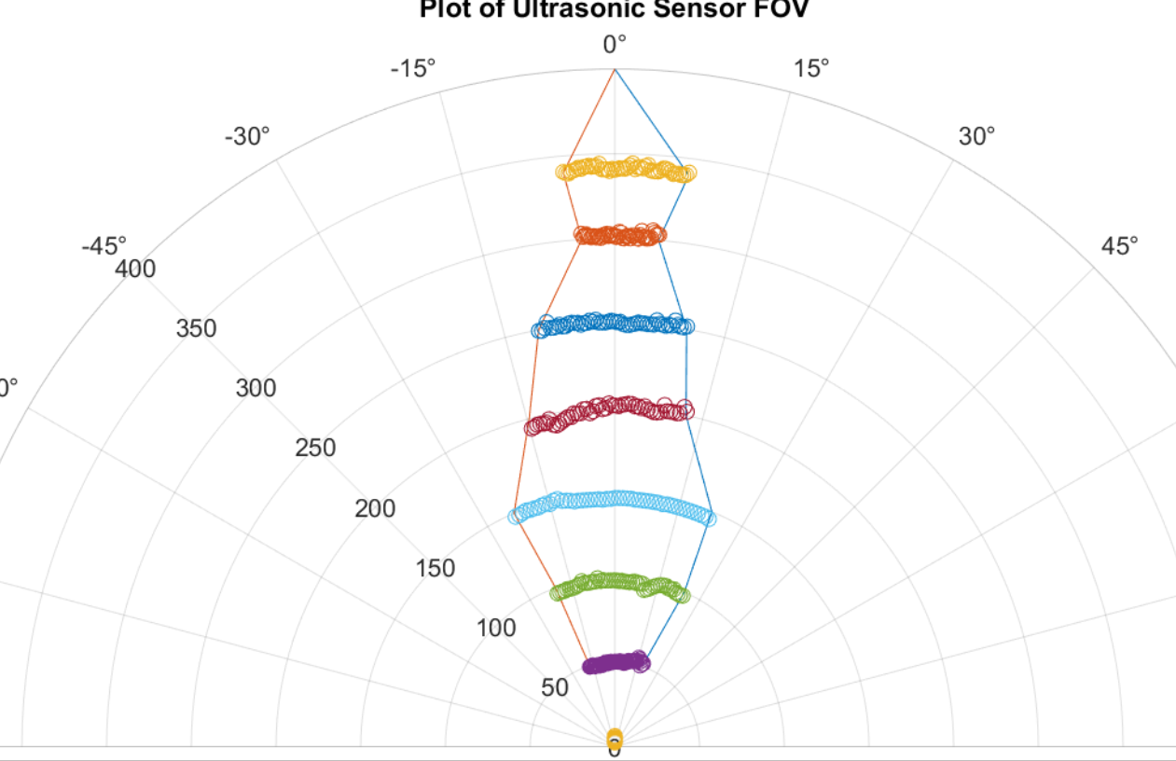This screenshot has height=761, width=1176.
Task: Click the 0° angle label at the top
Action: tap(615, 44)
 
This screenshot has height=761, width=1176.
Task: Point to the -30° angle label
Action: tap(247, 136)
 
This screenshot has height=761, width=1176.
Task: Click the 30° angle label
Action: tap(976, 136)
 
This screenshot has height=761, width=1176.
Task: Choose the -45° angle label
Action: tap(104, 246)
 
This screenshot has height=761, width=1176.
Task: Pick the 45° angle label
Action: tap(1119, 246)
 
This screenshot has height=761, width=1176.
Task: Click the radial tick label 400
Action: tap(135, 270)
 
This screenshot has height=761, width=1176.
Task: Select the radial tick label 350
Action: tap(196, 329)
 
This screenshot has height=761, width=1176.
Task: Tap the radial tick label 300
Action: tap(256, 388)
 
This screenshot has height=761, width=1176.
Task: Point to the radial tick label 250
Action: tap(315, 448)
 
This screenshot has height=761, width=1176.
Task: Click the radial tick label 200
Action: tap(375, 508)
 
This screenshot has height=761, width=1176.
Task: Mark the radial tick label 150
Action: tap(435, 568)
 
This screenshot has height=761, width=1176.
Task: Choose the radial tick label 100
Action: tap(495, 628)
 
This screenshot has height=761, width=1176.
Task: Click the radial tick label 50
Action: tap(554, 688)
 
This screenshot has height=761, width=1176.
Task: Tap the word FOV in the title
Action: tap(782, 10)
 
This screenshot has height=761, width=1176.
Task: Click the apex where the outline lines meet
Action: tap(615, 70)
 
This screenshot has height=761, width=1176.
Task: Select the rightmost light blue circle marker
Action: tap(708, 518)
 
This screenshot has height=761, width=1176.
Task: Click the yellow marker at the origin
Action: tap(615, 740)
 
